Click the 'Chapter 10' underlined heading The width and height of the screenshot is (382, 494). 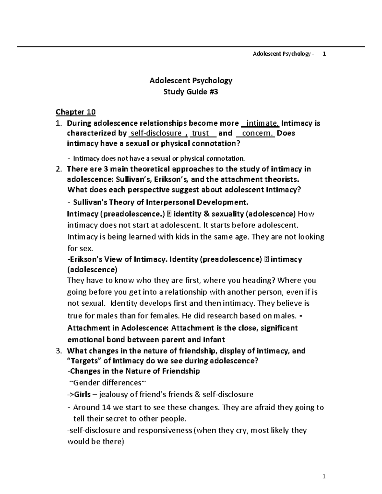(75, 112)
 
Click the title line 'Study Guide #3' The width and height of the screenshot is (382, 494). (191, 92)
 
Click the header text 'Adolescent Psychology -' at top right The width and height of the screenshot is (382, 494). (283, 54)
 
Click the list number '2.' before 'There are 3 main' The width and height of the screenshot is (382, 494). (58, 169)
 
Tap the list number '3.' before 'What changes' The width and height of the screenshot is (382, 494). (58, 351)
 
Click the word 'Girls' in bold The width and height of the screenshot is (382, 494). (82, 395)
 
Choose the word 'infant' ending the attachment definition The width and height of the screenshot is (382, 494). (214, 339)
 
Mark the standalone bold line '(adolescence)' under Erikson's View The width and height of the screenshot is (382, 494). (92, 270)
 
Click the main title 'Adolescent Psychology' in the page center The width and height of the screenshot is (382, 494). (191, 80)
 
